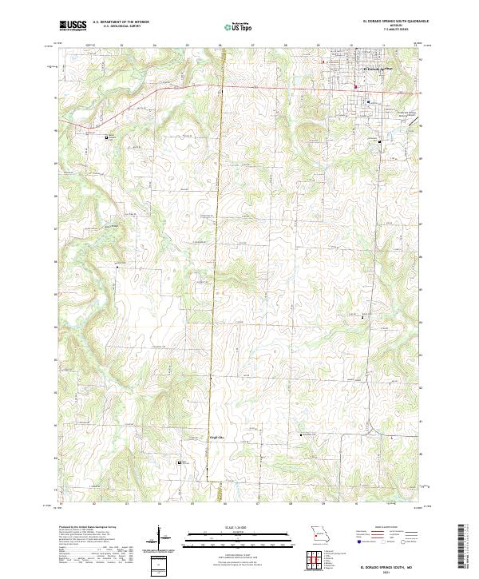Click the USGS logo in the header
(73, 26)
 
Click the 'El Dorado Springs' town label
(378, 69)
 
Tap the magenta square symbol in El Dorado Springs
(355, 87)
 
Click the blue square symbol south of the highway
(368, 102)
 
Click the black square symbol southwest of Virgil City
(179, 462)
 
